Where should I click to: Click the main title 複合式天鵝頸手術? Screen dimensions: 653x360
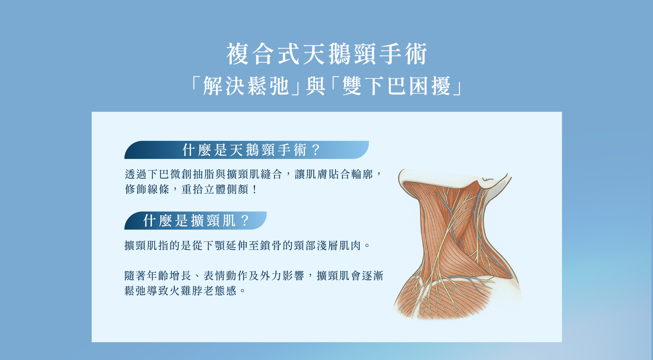pos(326,54)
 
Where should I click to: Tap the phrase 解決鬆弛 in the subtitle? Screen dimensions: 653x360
pos(246,86)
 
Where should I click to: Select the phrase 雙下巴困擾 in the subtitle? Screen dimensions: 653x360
pos(396,86)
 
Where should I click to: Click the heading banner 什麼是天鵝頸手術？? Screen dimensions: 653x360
pos(246,150)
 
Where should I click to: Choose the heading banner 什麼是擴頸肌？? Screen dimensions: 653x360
pos(195,221)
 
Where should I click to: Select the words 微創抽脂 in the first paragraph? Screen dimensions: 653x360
pos(193,174)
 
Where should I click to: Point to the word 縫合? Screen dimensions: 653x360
pos(271,174)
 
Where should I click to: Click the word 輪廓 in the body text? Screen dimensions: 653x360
pos(362,174)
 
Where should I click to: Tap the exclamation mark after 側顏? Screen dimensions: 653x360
pos(254,190)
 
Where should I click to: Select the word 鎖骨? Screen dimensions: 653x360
pos(271,246)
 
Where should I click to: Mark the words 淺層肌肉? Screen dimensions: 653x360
pos(339,246)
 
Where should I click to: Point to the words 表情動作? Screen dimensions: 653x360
pos(226,276)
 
